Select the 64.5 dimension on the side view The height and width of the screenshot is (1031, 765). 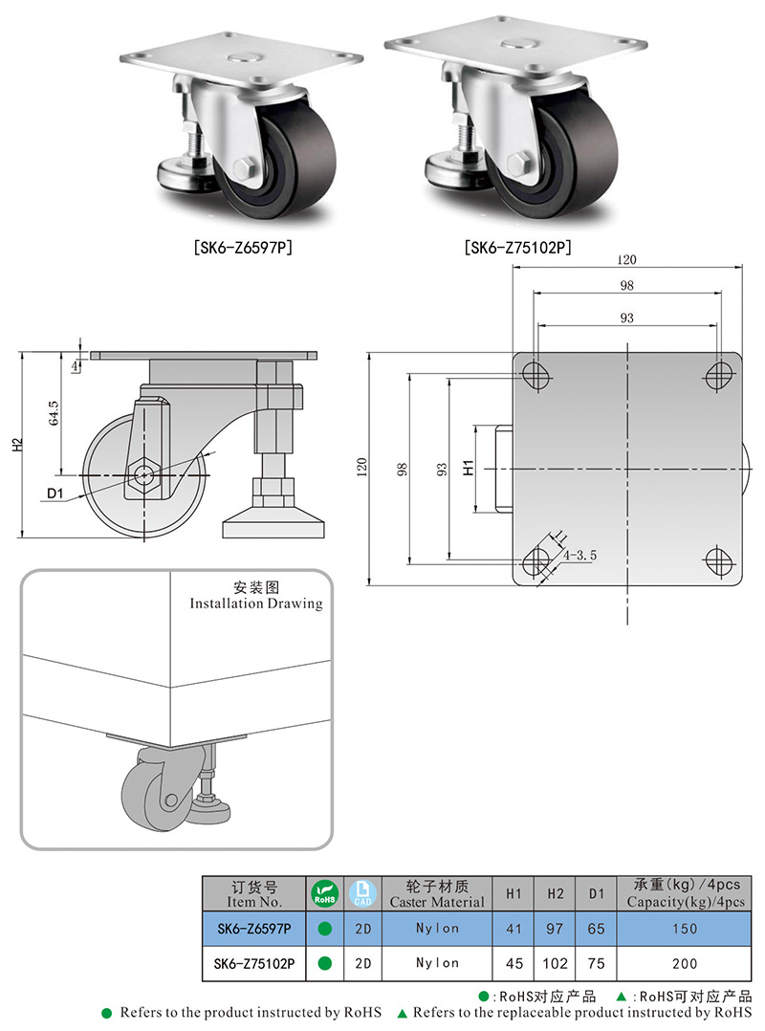(55, 413)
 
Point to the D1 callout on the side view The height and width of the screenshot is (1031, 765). (54, 494)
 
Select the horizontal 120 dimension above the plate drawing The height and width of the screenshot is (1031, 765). (626, 260)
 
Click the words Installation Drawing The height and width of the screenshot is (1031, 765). (255, 603)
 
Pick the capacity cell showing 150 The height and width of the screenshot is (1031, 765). (685, 929)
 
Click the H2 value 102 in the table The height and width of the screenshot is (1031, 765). (556, 964)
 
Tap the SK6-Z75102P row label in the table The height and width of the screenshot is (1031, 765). (254, 964)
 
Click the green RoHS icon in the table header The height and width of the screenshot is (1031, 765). (325, 895)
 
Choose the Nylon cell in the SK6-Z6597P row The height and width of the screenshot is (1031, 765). (437, 929)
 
